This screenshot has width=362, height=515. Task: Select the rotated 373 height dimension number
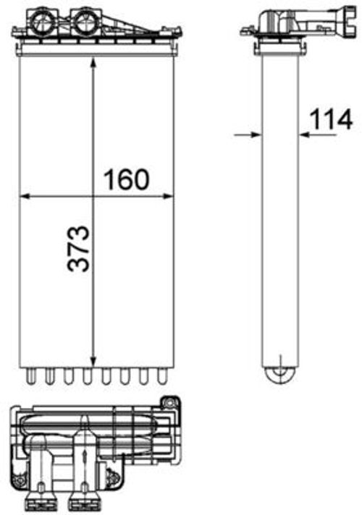(78, 247)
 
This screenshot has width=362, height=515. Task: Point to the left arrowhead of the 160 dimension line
(23, 195)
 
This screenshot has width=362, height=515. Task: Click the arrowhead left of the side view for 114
(254, 134)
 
